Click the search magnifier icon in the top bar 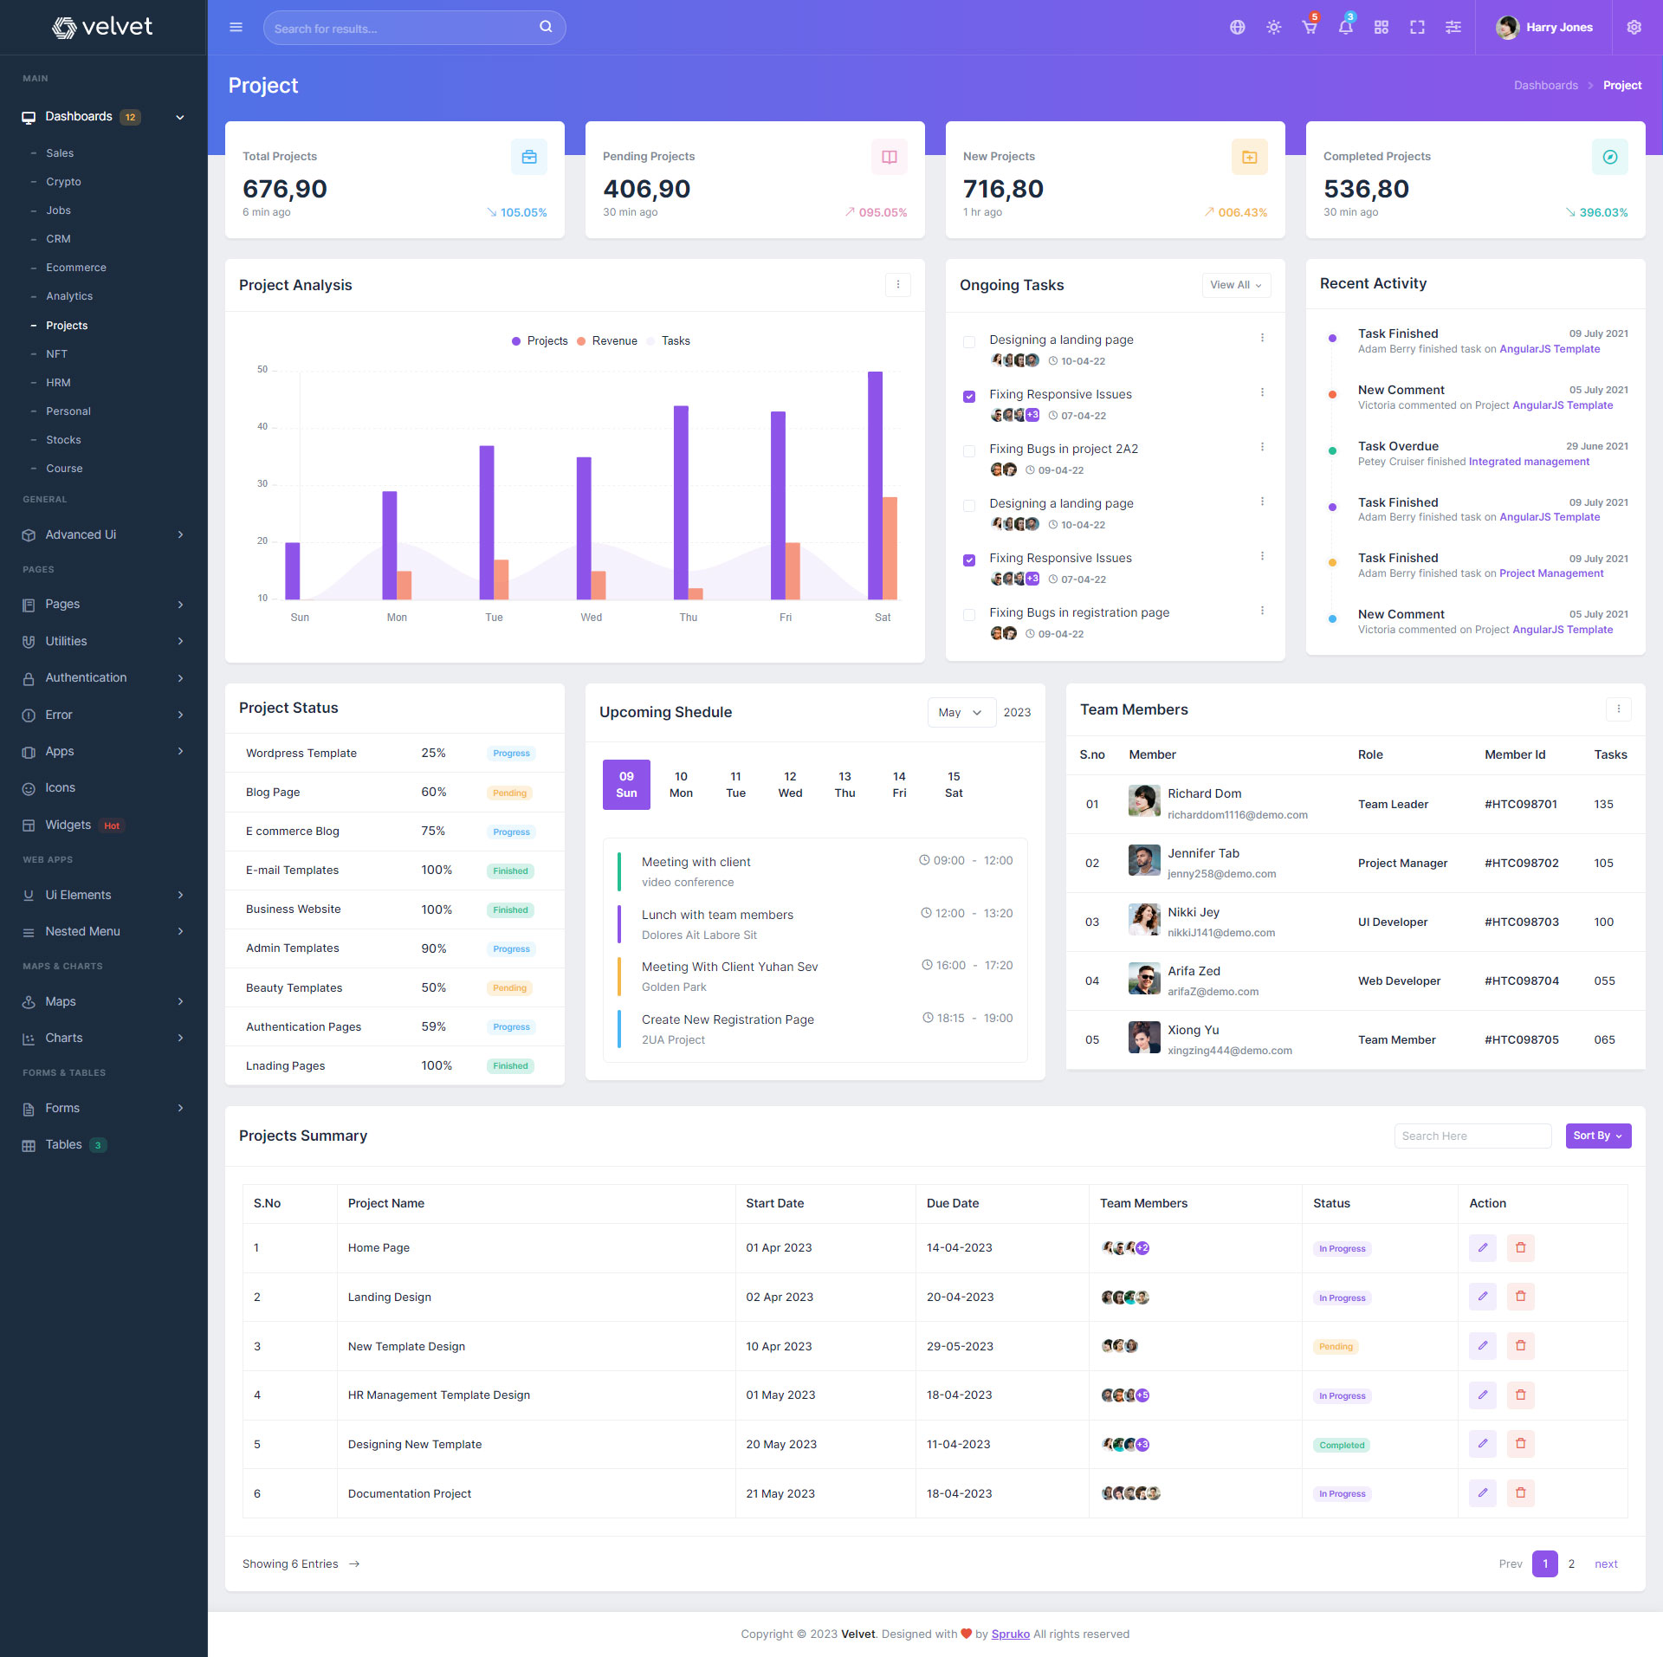click(546, 27)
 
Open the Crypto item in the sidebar click(63, 182)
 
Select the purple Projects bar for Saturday click(875, 485)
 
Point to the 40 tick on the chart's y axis click(262, 426)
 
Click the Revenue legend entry click(614, 341)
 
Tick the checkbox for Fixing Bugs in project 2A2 click(969, 450)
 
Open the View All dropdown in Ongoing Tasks click(1236, 285)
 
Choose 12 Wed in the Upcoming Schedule click(790, 785)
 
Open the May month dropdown click(961, 712)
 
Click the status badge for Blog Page click(509, 793)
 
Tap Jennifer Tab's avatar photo click(1144, 861)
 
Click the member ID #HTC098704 click(1521, 981)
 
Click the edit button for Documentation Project click(1482, 1492)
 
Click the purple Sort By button click(1597, 1136)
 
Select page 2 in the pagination click(1571, 1563)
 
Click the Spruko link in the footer click(1010, 1634)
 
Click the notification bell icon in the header click(1345, 28)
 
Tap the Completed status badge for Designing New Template click(1342, 1445)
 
